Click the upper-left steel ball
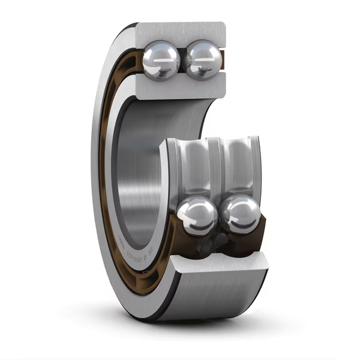161,59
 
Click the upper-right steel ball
203,59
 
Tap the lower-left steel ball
197,216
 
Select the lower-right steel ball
240,214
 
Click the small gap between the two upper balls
182,60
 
